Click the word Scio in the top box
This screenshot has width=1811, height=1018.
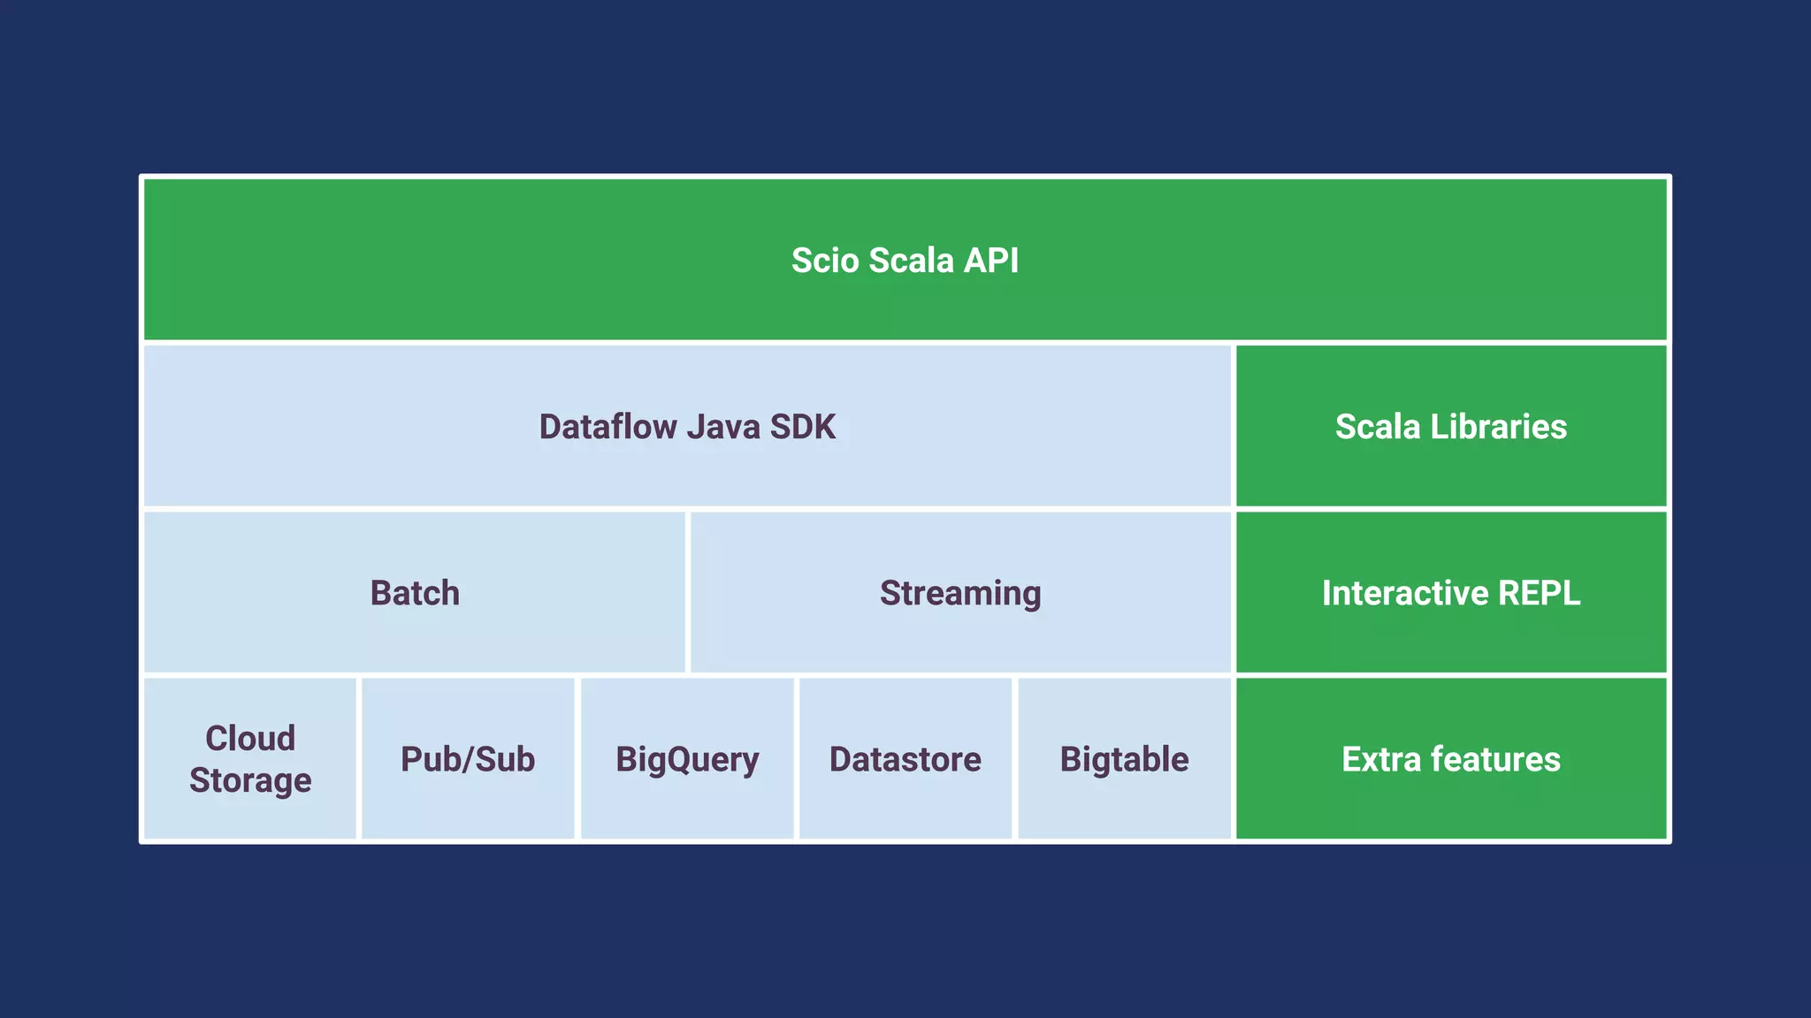coord(825,261)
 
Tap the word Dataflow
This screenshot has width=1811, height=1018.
coord(607,427)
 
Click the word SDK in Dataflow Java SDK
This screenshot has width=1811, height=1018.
coord(802,427)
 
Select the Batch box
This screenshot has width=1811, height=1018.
coord(415,593)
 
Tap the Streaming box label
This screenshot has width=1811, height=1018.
coord(960,593)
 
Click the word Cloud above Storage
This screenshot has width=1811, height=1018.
coord(250,738)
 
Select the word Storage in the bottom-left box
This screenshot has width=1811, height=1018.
coord(250,780)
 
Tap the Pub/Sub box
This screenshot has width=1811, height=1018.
coord(468,759)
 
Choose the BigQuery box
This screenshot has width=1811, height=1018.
coord(687,759)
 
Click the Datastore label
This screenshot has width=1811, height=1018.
coord(905,759)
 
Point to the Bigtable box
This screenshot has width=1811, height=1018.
coord(1124,759)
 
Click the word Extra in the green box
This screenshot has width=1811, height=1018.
coord(1380,759)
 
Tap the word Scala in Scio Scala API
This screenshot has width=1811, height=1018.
coord(911,261)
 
